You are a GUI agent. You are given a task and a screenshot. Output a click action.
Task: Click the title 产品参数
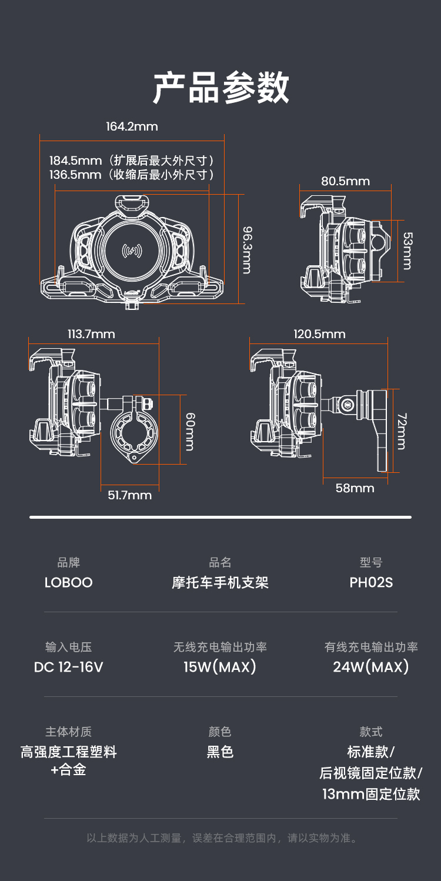[x=220, y=89]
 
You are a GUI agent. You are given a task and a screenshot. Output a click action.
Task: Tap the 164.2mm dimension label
[x=132, y=126]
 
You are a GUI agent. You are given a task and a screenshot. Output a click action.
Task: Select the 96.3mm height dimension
[x=248, y=251]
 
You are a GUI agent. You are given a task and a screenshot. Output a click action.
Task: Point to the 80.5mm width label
[x=345, y=181]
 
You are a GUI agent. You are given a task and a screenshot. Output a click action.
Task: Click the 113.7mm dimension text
[x=91, y=334]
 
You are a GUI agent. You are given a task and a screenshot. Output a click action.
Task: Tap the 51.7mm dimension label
[x=129, y=495]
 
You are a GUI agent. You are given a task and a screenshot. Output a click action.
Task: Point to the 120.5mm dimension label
[x=319, y=334]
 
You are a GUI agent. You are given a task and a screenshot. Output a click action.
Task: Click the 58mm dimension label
[x=355, y=488]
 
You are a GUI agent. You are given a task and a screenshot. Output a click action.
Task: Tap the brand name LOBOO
[x=69, y=583]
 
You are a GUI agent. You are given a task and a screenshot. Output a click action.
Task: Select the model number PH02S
[x=371, y=583]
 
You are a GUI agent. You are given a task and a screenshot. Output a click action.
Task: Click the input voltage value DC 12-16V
[x=69, y=668]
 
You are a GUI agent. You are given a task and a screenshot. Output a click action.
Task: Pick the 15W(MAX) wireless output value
[x=220, y=668]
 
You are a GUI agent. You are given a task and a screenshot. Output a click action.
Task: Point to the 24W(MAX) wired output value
[x=371, y=668]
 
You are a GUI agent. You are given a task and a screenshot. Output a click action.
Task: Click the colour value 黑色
[x=220, y=752]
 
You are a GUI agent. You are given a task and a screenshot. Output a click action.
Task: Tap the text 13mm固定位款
[x=371, y=795]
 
